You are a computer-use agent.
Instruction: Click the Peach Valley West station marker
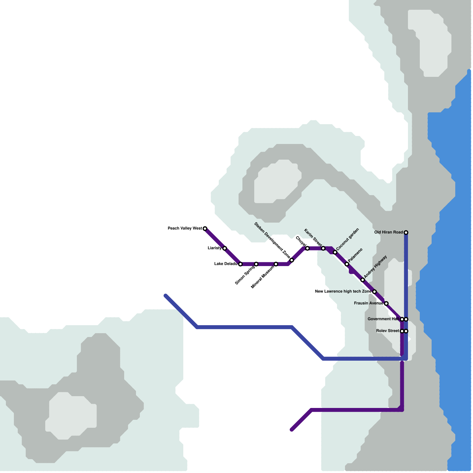point(205,229)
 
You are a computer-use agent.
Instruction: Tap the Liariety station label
point(215,248)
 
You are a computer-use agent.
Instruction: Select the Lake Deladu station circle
point(240,264)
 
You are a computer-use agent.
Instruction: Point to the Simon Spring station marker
point(256,264)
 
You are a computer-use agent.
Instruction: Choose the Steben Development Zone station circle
point(292,260)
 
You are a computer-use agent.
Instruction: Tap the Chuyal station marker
point(307,248)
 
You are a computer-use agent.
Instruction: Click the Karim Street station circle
point(323,248)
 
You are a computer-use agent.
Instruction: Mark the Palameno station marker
point(347,264)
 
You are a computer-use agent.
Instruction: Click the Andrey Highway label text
point(375,267)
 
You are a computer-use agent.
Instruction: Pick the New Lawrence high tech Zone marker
point(375,292)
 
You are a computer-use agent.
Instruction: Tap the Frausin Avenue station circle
point(386,304)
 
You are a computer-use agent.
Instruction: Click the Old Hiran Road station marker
point(406,232)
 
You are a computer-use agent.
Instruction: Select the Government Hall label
point(383,319)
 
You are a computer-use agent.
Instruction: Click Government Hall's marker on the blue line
point(406,319)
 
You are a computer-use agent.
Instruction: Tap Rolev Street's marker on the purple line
point(402,331)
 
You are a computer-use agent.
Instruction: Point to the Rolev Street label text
point(388,331)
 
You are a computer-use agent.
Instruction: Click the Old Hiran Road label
point(389,232)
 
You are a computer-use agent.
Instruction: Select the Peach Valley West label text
point(185,229)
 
